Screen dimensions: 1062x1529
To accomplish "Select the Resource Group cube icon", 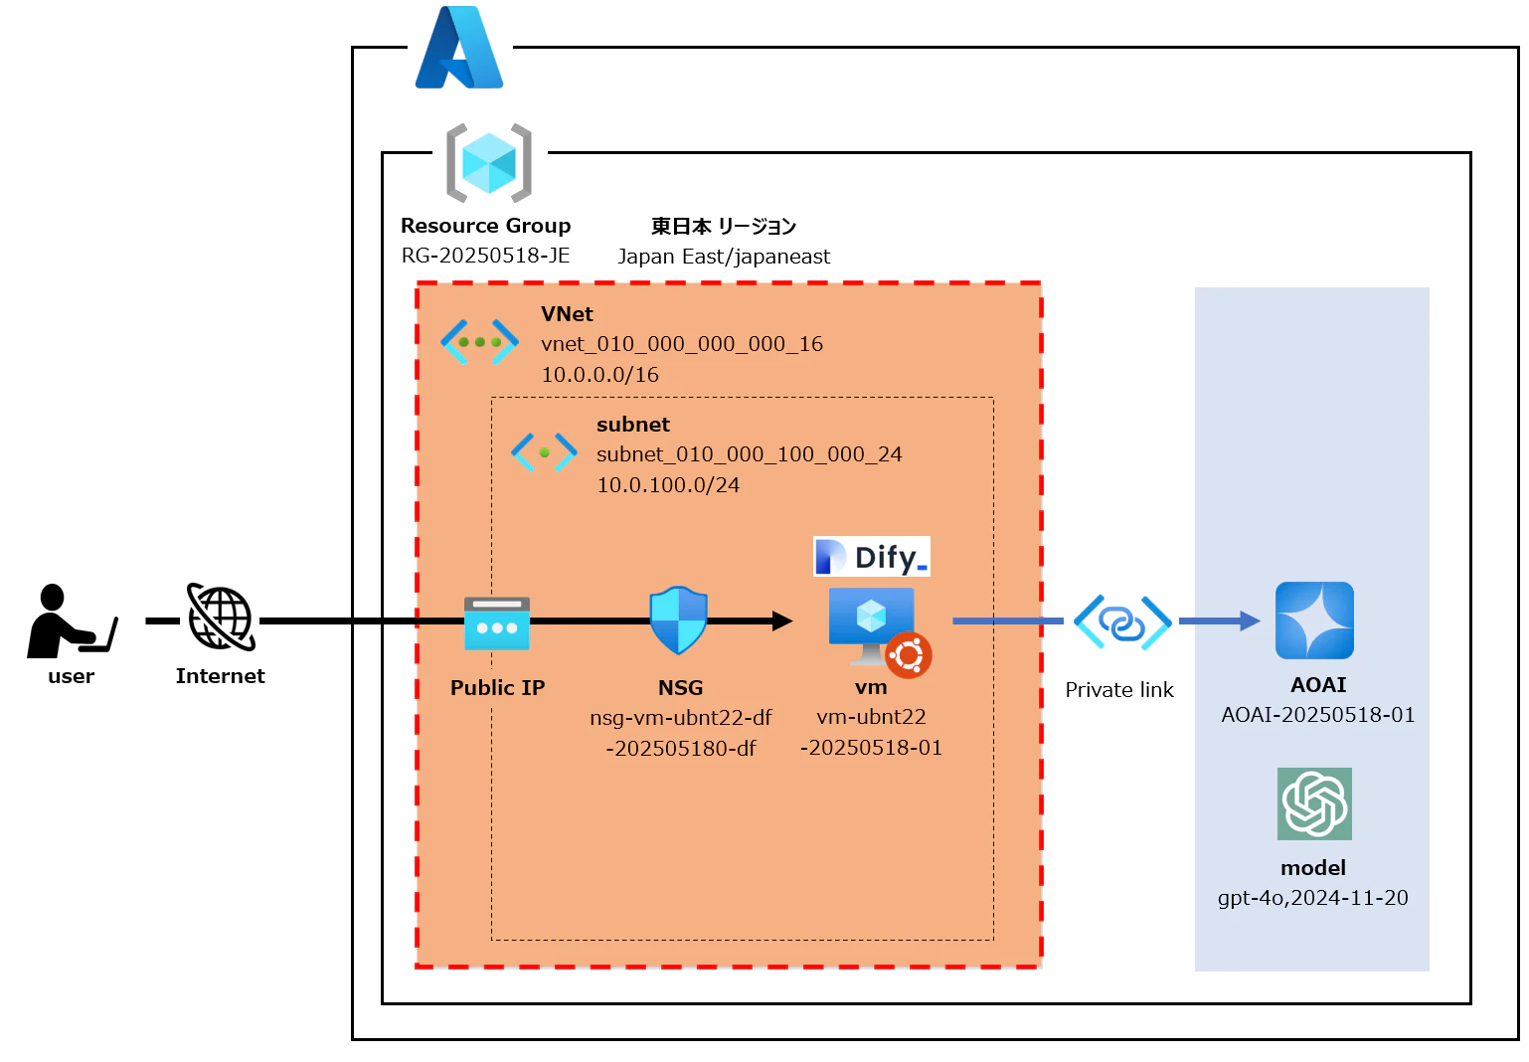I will click(488, 163).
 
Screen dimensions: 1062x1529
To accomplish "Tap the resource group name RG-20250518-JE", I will click(485, 256).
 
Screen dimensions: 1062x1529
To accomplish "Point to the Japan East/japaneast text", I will click(724, 257).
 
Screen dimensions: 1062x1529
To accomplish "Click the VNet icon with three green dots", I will click(479, 341).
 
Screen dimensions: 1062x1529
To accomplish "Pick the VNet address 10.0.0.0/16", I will click(599, 375).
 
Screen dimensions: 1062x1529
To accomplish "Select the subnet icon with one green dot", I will click(544, 451).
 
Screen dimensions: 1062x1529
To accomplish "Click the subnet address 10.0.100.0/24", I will click(668, 485).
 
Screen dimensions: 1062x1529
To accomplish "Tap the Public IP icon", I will click(497, 622).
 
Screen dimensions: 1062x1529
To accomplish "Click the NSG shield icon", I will click(678, 620).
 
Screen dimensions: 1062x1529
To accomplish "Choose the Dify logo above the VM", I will click(871, 557).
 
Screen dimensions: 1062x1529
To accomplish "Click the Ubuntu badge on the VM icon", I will click(909, 655).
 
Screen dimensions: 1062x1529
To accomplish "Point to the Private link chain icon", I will click(1122, 622).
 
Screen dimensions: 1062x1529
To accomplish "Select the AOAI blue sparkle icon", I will click(1314, 620).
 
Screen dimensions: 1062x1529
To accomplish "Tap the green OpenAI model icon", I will click(1314, 803).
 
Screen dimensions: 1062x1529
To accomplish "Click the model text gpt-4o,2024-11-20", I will click(1312, 898).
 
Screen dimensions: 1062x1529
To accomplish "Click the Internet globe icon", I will click(221, 618).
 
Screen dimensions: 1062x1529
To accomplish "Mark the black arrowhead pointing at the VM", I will click(782, 621).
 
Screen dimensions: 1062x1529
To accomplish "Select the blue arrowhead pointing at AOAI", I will click(1250, 621).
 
